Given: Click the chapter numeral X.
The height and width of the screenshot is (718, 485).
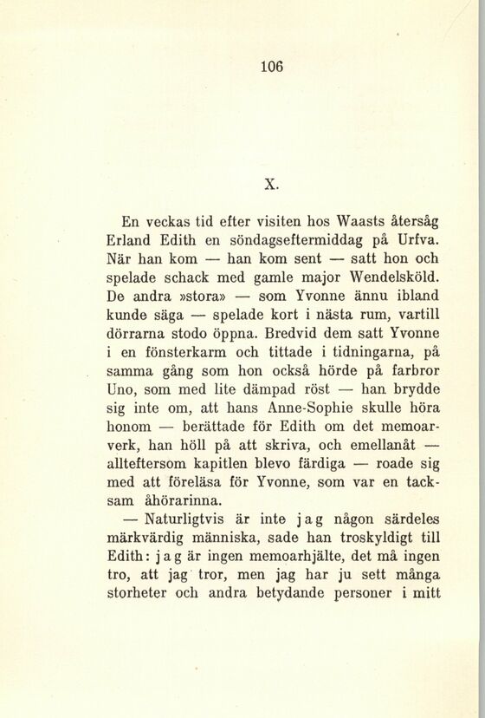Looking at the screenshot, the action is click(270, 183).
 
